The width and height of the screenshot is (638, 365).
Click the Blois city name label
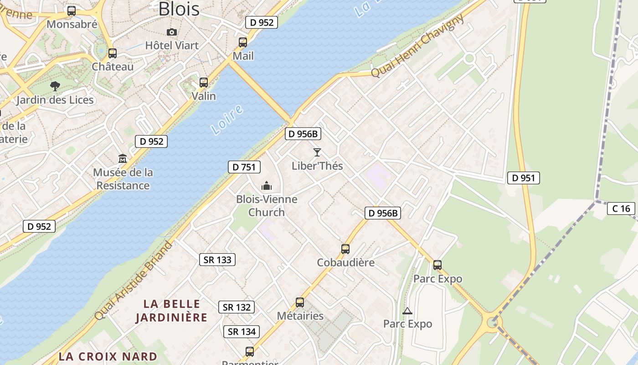pos(179,9)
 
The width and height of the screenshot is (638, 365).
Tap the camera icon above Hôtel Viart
pos(172,32)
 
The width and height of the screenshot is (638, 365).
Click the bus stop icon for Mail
pos(243,42)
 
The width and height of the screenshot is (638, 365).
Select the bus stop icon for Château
pos(113,53)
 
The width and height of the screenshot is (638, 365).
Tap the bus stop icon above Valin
pos(204,83)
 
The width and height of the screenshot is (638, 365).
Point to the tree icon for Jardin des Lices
pos(55,86)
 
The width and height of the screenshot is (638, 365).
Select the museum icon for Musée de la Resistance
pos(123,159)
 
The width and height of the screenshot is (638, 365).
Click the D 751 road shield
pos(244,167)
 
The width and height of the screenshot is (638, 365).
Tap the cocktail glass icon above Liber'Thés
pos(317,152)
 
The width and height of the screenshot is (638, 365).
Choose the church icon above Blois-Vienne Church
pos(267,186)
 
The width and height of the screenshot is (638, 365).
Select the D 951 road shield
pos(523,178)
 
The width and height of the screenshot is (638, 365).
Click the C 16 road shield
pos(621,209)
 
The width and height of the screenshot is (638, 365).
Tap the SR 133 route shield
pos(218,260)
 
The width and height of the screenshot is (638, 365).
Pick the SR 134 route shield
pos(242,331)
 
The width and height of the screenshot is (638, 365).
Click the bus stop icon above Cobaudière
pos(345,249)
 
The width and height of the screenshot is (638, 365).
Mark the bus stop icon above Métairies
pos(300,302)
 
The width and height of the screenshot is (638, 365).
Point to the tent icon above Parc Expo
pos(407,311)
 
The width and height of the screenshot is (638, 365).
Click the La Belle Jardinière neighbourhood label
pos(171,310)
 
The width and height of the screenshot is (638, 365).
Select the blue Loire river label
pos(227,120)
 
